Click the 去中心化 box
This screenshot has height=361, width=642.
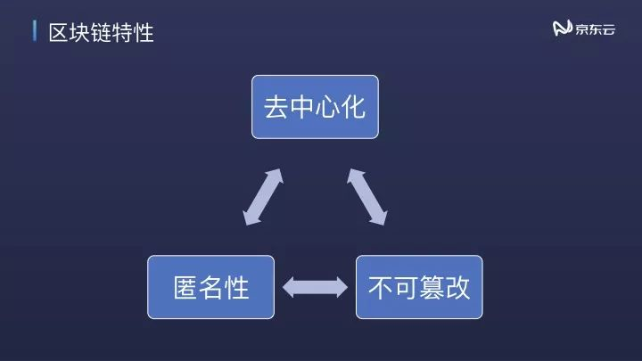(315, 106)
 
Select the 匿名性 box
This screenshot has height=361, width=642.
(211, 287)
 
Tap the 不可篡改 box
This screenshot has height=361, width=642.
(419, 287)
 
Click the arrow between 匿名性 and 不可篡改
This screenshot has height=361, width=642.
(316, 286)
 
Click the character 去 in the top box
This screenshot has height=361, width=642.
(276, 106)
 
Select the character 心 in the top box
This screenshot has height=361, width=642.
(328, 106)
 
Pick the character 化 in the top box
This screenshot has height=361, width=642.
(354, 106)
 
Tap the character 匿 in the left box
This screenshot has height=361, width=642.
(185, 287)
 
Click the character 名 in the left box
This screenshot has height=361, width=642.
(211, 287)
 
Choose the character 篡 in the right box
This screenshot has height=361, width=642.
(432, 287)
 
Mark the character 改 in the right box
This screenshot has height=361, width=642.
(458, 287)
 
